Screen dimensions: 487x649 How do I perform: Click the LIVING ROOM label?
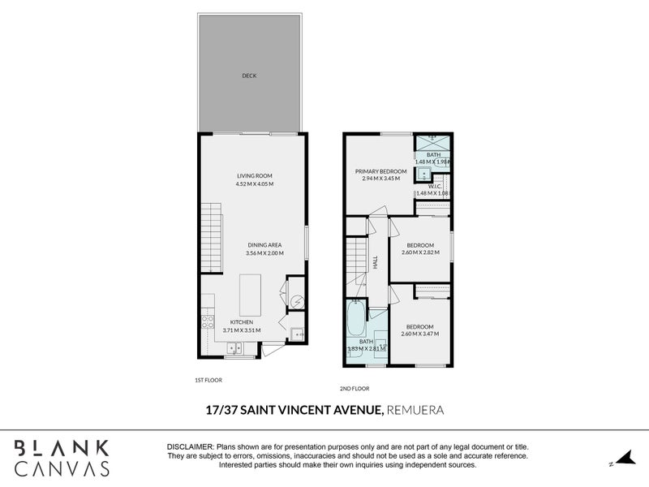coord(254,175)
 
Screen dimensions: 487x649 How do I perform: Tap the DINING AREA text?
coord(265,244)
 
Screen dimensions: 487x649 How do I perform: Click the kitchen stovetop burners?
coord(207,320)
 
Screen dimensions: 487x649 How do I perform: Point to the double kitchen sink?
coord(234,350)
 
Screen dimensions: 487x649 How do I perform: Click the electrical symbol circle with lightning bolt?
coord(296,301)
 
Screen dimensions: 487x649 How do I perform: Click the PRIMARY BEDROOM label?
coord(380,171)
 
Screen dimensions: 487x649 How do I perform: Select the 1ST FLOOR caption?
coord(208,380)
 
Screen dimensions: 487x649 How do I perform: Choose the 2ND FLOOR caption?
coord(355,388)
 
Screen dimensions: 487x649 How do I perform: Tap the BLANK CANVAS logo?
coord(61,458)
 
